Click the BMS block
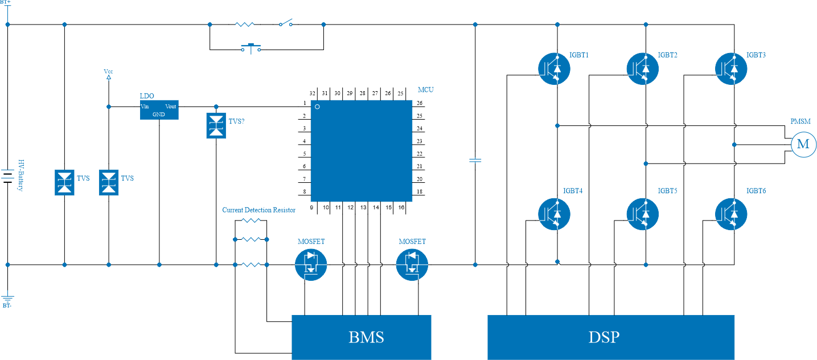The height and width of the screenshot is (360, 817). [x=361, y=337]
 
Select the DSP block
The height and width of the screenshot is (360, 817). [x=611, y=337]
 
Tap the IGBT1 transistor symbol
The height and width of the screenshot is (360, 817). [x=554, y=68]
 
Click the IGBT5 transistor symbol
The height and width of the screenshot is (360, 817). [x=643, y=214]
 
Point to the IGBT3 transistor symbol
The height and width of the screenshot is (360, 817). [x=731, y=68]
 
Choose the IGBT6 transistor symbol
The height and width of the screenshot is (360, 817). [x=731, y=214]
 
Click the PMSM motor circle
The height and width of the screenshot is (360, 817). [x=803, y=145]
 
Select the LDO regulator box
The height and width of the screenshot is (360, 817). [x=159, y=110]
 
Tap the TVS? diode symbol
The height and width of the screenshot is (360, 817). [x=216, y=125]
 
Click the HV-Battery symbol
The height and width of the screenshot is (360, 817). [x=7, y=176]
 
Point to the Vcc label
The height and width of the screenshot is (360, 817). [x=108, y=72]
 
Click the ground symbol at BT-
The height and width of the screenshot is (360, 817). [x=7, y=298]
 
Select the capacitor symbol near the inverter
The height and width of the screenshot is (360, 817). [x=475, y=160]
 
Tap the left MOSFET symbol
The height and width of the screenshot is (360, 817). [x=311, y=265]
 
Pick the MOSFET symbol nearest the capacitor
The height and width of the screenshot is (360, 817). [x=412, y=265]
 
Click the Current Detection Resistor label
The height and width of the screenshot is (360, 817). [x=258, y=210]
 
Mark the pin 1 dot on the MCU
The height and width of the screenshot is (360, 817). [x=317, y=107]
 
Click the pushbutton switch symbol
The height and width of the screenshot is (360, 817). [x=251, y=48]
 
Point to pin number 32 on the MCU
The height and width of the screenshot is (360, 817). [x=312, y=93]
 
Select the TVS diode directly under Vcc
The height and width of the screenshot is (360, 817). [x=109, y=182]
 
